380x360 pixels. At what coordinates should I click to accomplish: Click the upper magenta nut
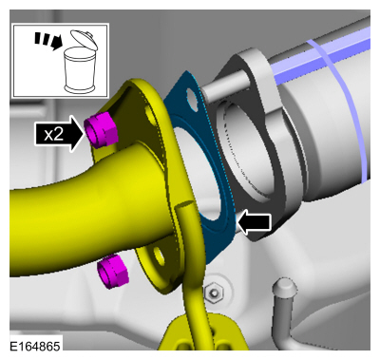tap(101, 130)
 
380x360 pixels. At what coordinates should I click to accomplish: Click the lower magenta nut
tap(113, 272)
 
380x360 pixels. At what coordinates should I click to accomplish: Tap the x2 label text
tap(54, 135)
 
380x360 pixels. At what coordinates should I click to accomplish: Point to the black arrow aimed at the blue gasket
tap(255, 222)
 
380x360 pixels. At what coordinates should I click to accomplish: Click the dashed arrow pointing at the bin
tap(47, 41)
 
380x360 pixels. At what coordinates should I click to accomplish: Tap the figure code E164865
tap(34, 346)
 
